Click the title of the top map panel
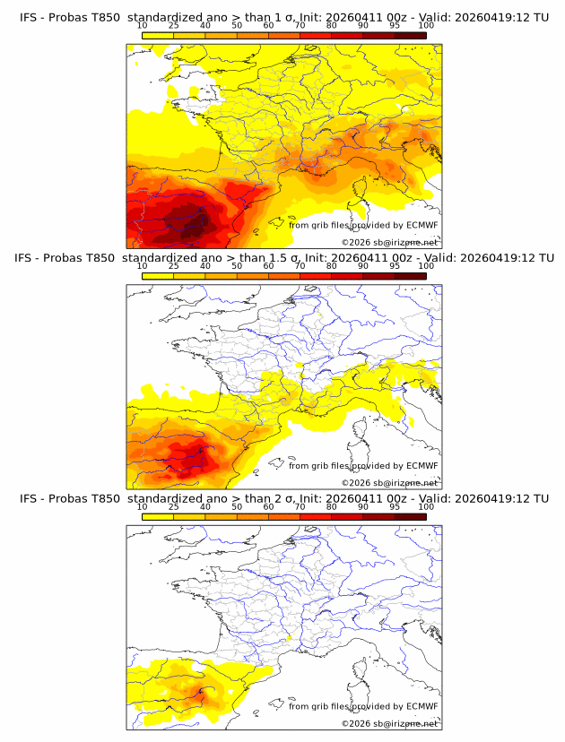[x=283, y=17]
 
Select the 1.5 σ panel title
[x=283, y=258]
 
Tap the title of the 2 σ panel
[x=283, y=498]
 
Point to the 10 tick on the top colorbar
[x=143, y=26]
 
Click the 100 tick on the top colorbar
[x=426, y=26]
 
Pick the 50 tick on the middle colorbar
[x=237, y=266]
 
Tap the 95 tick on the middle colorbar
[x=395, y=266]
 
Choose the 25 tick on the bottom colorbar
[x=174, y=507]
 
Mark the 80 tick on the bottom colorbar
[x=332, y=507]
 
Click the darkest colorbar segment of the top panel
[x=410, y=35]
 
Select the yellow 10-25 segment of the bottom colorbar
[x=158, y=516]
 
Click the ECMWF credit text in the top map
[x=363, y=225]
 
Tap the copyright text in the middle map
[x=390, y=482]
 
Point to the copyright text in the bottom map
[x=390, y=723]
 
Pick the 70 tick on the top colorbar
[x=300, y=26]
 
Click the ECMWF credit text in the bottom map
[x=363, y=706]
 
